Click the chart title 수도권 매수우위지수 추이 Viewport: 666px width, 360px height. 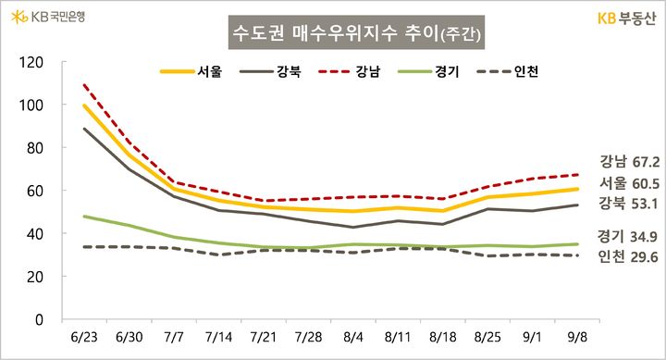357,37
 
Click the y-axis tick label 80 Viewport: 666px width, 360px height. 34,148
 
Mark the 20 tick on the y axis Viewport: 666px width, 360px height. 34,277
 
